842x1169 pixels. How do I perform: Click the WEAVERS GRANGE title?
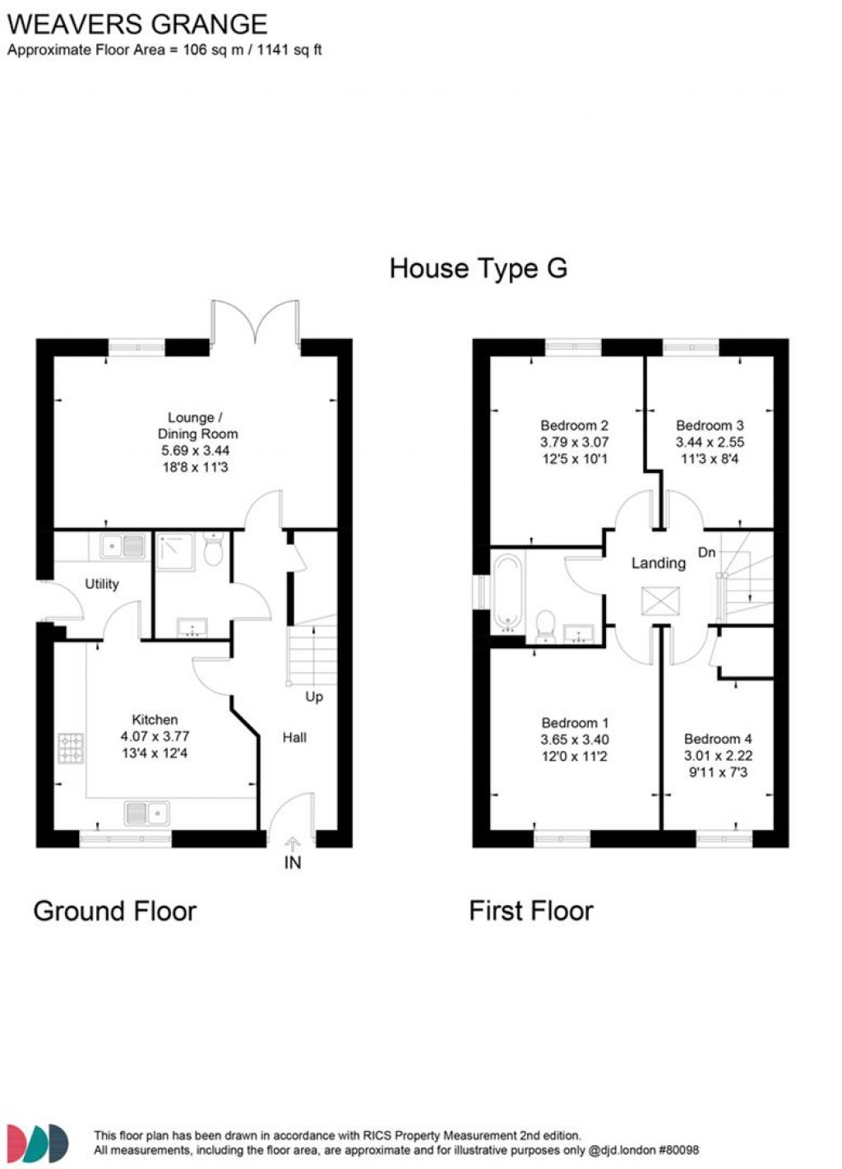pos(137,24)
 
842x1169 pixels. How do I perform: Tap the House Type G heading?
pos(478,268)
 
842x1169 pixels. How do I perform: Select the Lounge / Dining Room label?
pos(197,425)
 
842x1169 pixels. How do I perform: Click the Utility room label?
pos(102,584)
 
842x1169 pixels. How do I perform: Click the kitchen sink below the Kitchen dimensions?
pos(147,813)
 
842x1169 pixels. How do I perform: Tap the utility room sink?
pos(123,545)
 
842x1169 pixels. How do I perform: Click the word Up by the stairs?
pos(314,697)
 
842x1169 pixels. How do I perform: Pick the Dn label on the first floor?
pos(706,552)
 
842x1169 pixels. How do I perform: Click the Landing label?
pos(658,563)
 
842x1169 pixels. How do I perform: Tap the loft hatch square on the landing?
pos(660,601)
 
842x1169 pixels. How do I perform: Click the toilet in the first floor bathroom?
pos(544,625)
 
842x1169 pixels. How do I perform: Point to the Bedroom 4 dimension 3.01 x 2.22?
pos(718,755)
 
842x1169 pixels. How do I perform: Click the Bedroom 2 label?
pos(574,425)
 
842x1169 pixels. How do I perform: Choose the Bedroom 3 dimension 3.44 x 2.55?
pos(710,442)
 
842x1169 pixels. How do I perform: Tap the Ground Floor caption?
pos(115,911)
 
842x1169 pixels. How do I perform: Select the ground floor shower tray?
pos(174,551)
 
